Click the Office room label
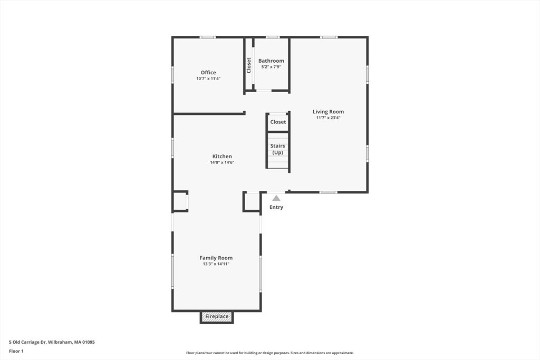pos(208,73)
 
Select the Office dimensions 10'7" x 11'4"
pos(208,79)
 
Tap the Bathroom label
pos(271,61)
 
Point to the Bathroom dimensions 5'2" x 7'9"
pos(271,67)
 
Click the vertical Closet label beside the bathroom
pos(249,65)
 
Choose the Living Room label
pos(328,112)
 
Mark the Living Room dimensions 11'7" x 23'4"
pos(328,118)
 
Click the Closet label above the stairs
pos(278,122)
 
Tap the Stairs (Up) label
pos(278,149)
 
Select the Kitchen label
pos(222,157)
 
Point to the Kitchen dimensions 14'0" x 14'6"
pos(222,162)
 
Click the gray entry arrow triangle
pos(276,198)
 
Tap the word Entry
pos(276,207)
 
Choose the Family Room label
pos(216,258)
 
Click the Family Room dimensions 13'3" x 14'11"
pos(216,264)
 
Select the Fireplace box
pos(217,317)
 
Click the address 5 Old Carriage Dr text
pos(52,342)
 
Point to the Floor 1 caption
pos(16,351)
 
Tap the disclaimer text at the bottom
pos(269,353)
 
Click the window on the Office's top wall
pos(207,37)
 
